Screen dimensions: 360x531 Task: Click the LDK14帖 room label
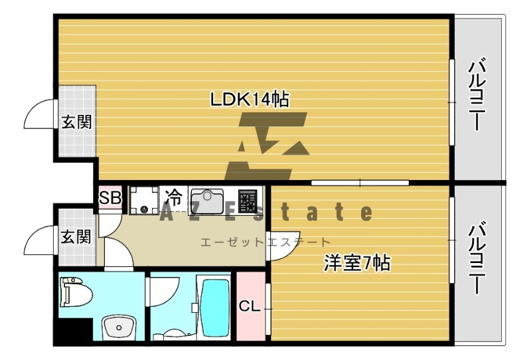pos(249,100)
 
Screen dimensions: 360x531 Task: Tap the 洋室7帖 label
pos(356,263)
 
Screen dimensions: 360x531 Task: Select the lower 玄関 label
pos(76,236)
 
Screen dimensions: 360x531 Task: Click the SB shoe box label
pos(110,197)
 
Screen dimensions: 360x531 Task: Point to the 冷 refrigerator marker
pos(173,197)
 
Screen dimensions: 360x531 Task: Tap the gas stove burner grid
pos(248,201)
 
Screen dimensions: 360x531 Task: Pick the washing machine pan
pos(143,201)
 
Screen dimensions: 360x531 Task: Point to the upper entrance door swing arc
pos(38,114)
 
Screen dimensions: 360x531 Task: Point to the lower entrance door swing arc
pos(38,238)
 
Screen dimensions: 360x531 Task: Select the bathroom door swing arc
pos(165,291)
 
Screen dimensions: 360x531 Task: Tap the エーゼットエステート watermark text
pos(265,242)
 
